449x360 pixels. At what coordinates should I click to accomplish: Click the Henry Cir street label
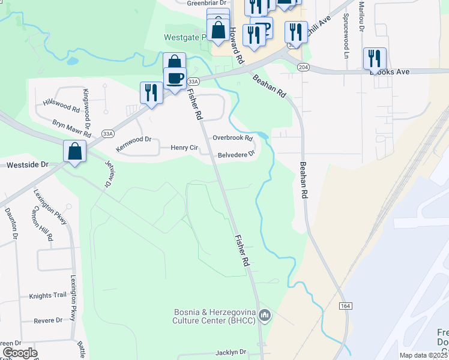[x=184, y=148]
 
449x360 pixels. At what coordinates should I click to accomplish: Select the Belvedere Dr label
[x=236, y=154]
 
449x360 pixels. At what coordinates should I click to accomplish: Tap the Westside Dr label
[x=27, y=164]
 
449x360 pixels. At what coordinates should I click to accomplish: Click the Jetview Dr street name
[x=109, y=174]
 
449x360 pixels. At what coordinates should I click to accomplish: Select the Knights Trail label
[x=47, y=296]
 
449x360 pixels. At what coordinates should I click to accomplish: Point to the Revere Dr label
[x=48, y=320]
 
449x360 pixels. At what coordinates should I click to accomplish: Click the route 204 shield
[x=303, y=68]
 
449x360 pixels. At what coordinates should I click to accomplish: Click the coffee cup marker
[x=175, y=79]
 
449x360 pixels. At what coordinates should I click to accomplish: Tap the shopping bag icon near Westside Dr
[x=75, y=152]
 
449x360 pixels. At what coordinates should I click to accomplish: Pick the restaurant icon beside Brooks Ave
[x=374, y=58]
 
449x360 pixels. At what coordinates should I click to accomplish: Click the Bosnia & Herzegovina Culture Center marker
[x=265, y=315]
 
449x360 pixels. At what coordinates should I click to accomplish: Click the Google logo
[x=20, y=353]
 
